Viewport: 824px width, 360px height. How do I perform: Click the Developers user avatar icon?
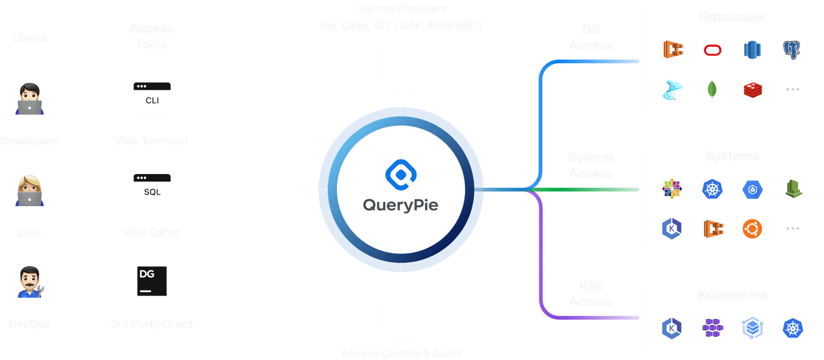29,98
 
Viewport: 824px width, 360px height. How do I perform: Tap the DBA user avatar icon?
29,190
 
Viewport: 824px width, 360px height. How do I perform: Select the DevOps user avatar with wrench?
29,281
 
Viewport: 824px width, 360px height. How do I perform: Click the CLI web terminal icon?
152,98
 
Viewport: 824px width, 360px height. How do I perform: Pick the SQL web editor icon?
152,190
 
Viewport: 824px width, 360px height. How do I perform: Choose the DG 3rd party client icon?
152,281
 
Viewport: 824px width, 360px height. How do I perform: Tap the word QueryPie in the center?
401,205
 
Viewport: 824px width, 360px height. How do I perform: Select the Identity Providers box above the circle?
401,65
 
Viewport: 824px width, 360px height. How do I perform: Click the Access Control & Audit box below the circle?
401,314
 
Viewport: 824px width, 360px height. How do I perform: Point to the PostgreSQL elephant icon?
792,50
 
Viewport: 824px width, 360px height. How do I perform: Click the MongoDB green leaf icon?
712,90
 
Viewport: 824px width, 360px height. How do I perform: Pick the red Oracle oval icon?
712,50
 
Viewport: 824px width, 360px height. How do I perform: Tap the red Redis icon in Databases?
752,90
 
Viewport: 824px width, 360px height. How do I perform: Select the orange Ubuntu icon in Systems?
752,228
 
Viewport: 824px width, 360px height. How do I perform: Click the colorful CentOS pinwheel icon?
672,189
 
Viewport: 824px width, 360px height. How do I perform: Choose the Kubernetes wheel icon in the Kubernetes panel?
793,328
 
